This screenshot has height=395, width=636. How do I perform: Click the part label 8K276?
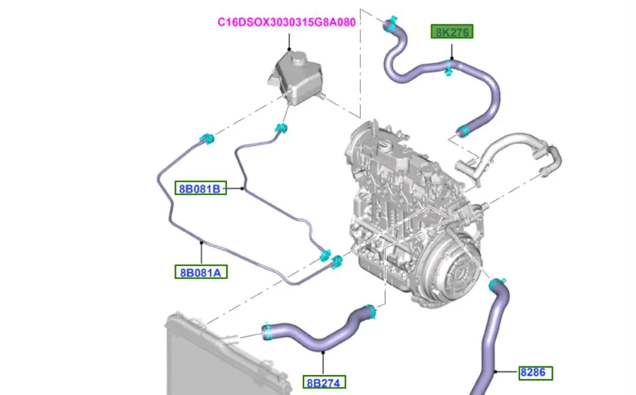(x=452, y=32)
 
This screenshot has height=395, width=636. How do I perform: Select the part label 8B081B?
(x=200, y=188)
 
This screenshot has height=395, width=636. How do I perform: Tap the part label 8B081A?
(x=200, y=272)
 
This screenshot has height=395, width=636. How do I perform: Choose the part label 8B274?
(x=325, y=383)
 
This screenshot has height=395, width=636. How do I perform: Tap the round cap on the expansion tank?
(x=298, y=59)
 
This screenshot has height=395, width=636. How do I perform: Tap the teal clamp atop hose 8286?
(x=497, y=284)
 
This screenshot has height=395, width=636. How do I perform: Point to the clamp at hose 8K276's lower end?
(x=462, y=132)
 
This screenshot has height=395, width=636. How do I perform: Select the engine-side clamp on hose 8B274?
(x=371, y=312)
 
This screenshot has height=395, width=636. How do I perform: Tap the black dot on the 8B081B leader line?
(x=244, y=188)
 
